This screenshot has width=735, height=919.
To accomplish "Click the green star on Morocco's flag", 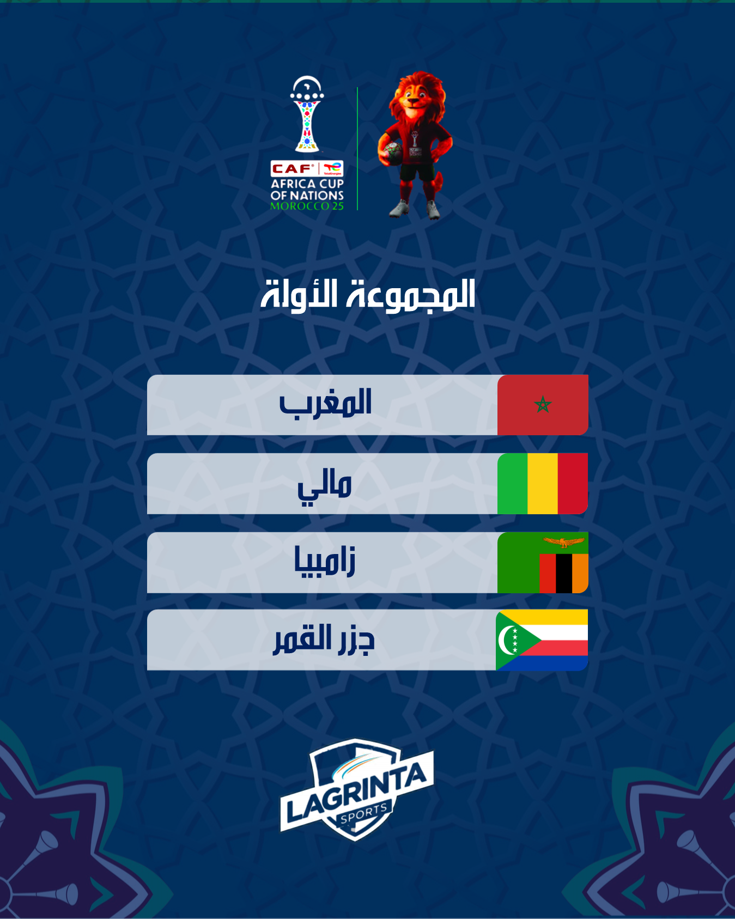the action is (543, 405).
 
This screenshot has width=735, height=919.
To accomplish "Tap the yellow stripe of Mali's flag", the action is (543, 483).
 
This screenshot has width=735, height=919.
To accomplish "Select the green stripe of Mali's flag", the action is (513, 483).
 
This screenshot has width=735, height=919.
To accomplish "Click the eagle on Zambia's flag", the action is (563, 543).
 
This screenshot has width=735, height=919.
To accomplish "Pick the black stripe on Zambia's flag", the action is (564, 574).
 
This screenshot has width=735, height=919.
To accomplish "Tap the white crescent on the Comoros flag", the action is (507, 640).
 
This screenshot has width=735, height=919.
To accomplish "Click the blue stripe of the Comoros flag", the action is (556, 662).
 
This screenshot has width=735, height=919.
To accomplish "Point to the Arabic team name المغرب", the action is (325, 404).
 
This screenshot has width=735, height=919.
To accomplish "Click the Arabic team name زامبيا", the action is (325, 561).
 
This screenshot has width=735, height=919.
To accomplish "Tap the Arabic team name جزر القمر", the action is (324, 639).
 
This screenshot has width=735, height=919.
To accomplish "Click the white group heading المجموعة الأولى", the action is (368, 295).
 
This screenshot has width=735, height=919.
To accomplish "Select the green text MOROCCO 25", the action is (307, 206).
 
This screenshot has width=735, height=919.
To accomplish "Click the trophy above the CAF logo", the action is (307, 114).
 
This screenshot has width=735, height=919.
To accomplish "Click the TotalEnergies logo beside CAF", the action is (332, 169).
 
